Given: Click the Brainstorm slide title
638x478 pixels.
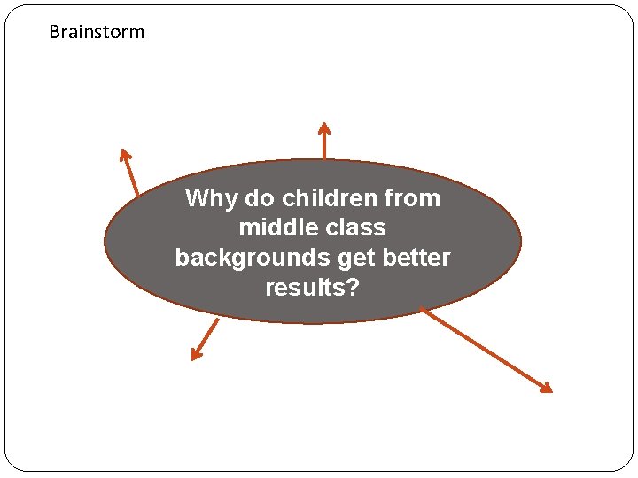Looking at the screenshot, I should (x=97, y=33).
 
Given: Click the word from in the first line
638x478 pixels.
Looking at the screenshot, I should (x=415, y=198).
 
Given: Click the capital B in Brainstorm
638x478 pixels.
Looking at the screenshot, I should (x=54, y=33).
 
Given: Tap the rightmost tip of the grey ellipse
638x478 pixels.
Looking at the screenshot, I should (x=520, y=241).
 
